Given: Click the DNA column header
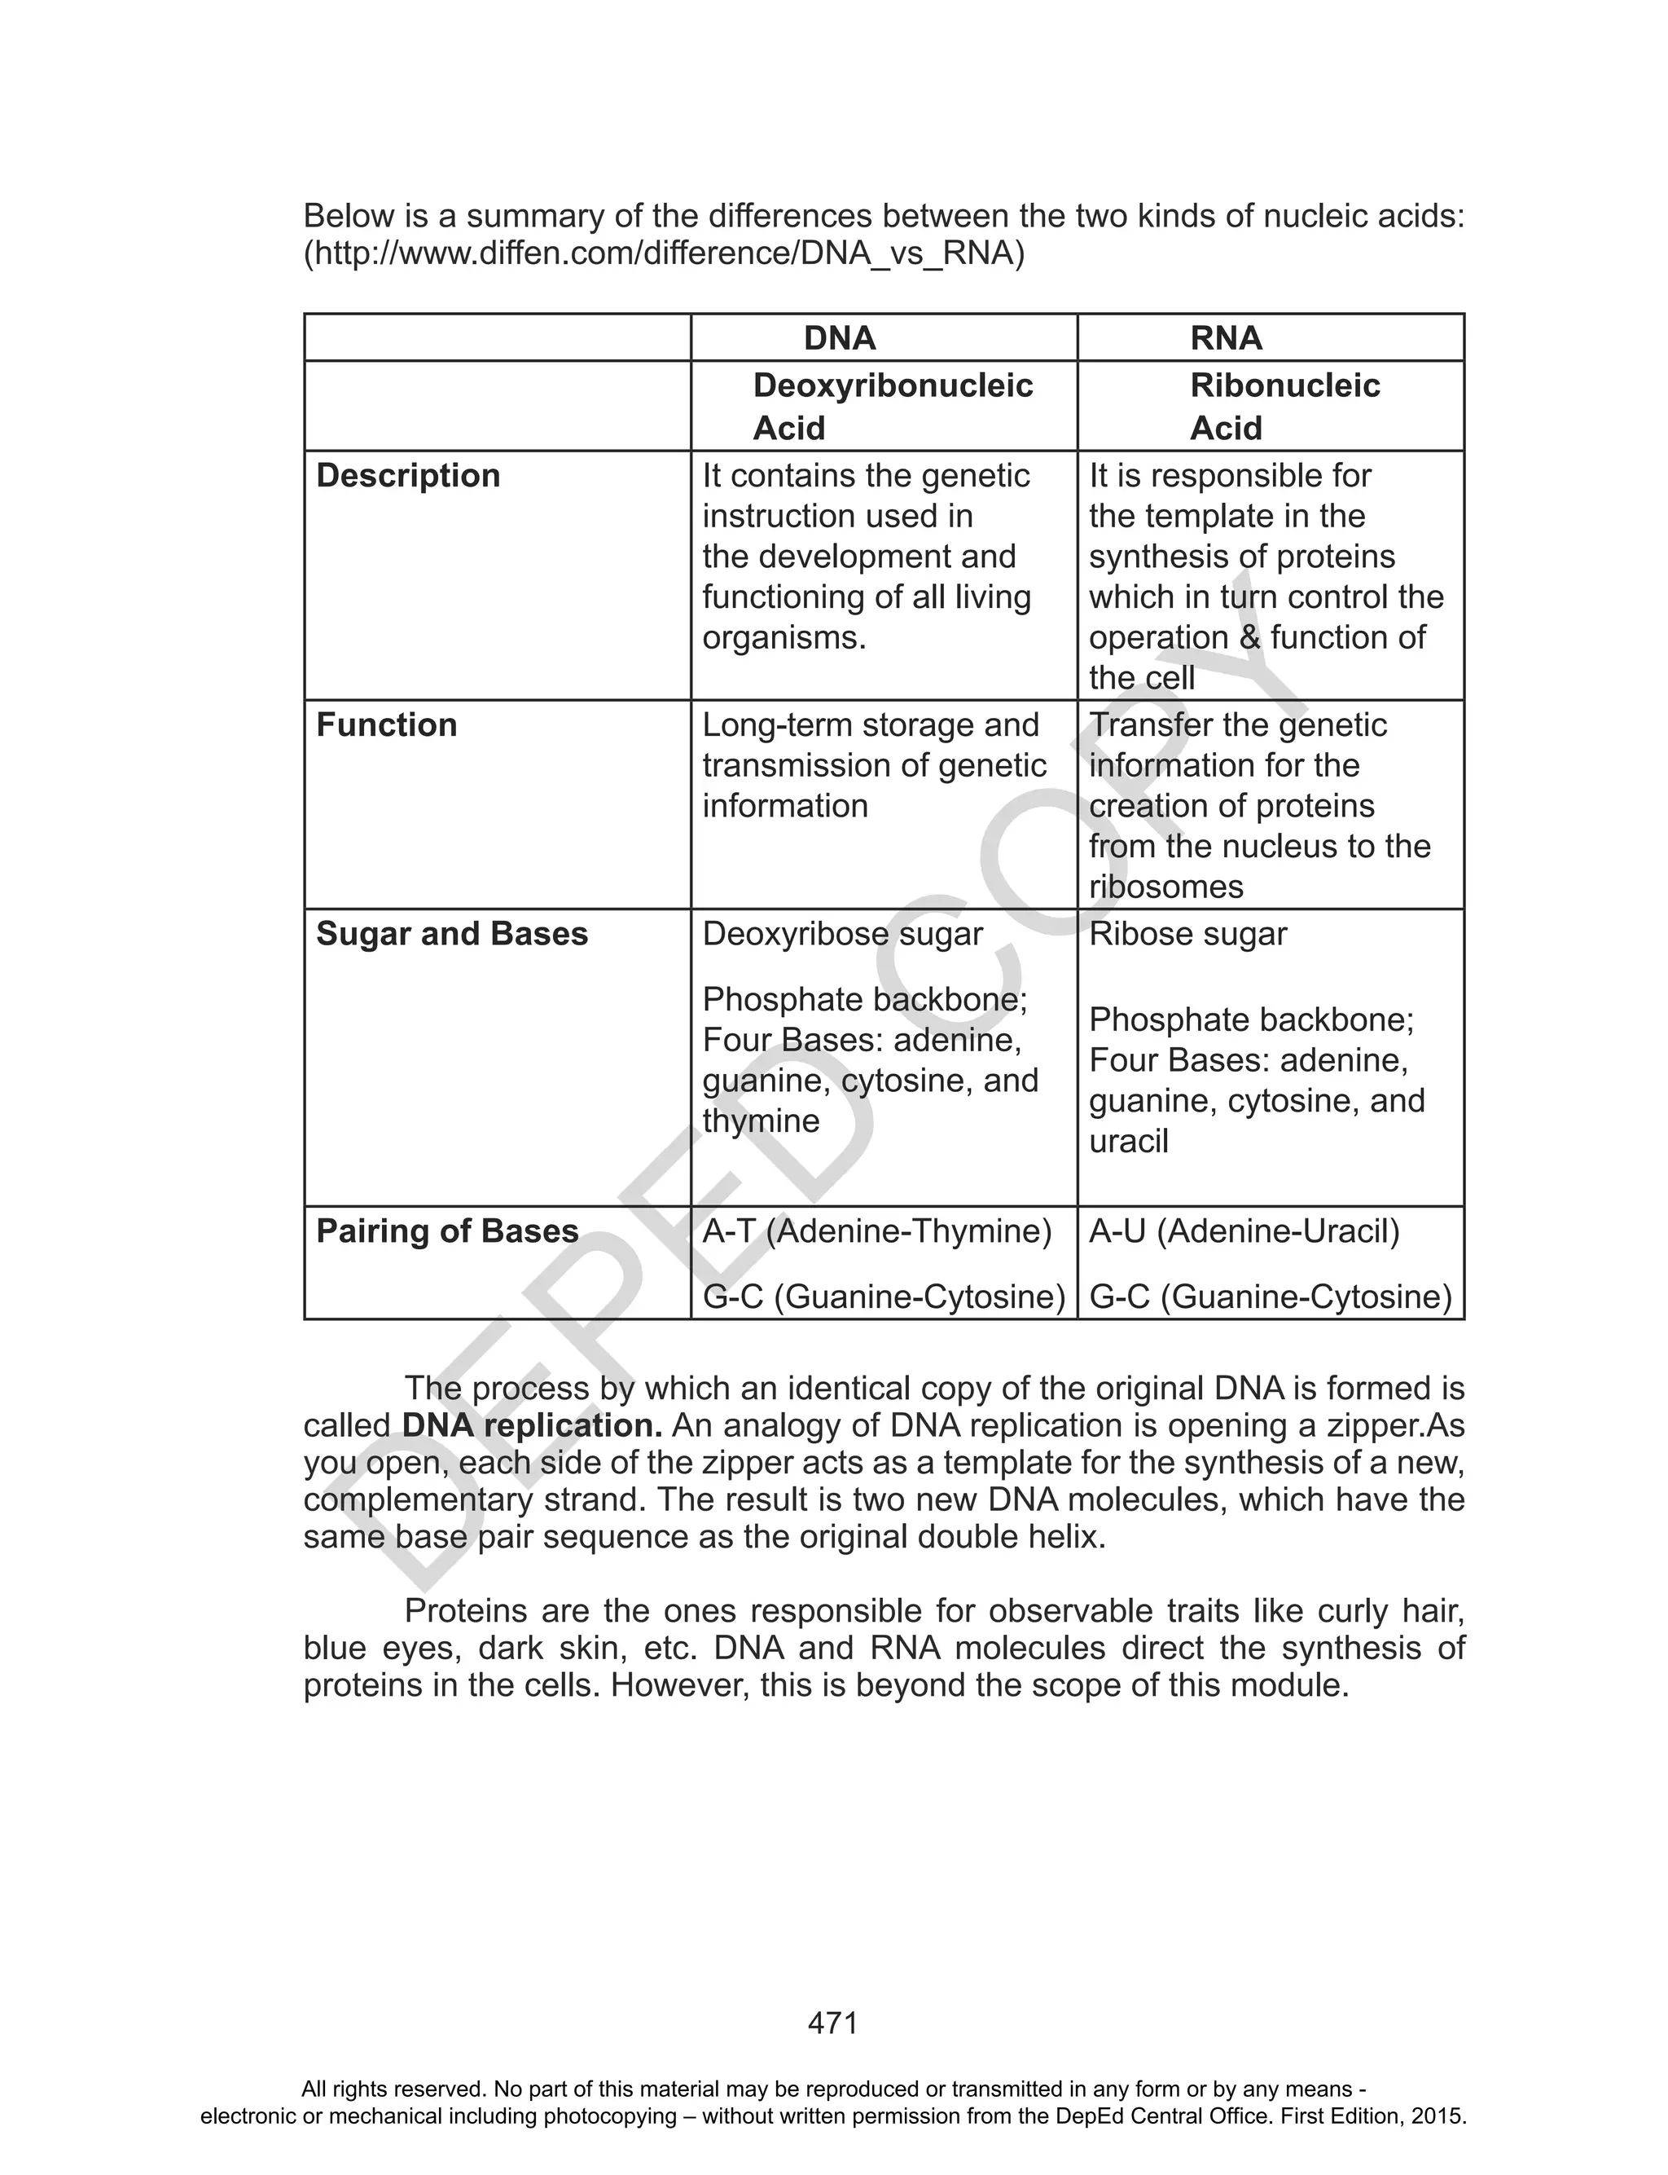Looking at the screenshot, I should click(x=839, y=339).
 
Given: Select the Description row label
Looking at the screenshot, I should click(x=407, y=476).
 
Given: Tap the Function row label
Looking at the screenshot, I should click(x=386, y=725).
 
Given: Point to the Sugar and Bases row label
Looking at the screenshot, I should click(x=452, y=934).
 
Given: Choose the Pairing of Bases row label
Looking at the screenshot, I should click(x=447, y=1231).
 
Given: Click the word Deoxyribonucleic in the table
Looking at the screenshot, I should click(x=893, y=385).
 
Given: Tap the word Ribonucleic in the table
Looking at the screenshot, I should click(x=1284, y=385).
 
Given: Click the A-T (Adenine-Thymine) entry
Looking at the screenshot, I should click(x=876, y=1231).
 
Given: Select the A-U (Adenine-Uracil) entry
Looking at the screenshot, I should click(x=1244, y=1231).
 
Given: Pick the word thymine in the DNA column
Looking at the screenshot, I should click(x=761, y=1121).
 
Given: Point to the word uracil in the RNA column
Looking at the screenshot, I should click(x=1128, y=1141).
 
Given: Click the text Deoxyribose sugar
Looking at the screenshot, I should click(x=842, y=934).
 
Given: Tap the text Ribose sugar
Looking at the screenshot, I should click(x=1187, y=934).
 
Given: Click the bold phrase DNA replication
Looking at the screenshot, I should click(x=532, y=1426).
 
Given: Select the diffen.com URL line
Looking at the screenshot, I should click(x=663, y=254).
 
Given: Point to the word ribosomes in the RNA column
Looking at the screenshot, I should click(x=1165, y=887).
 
